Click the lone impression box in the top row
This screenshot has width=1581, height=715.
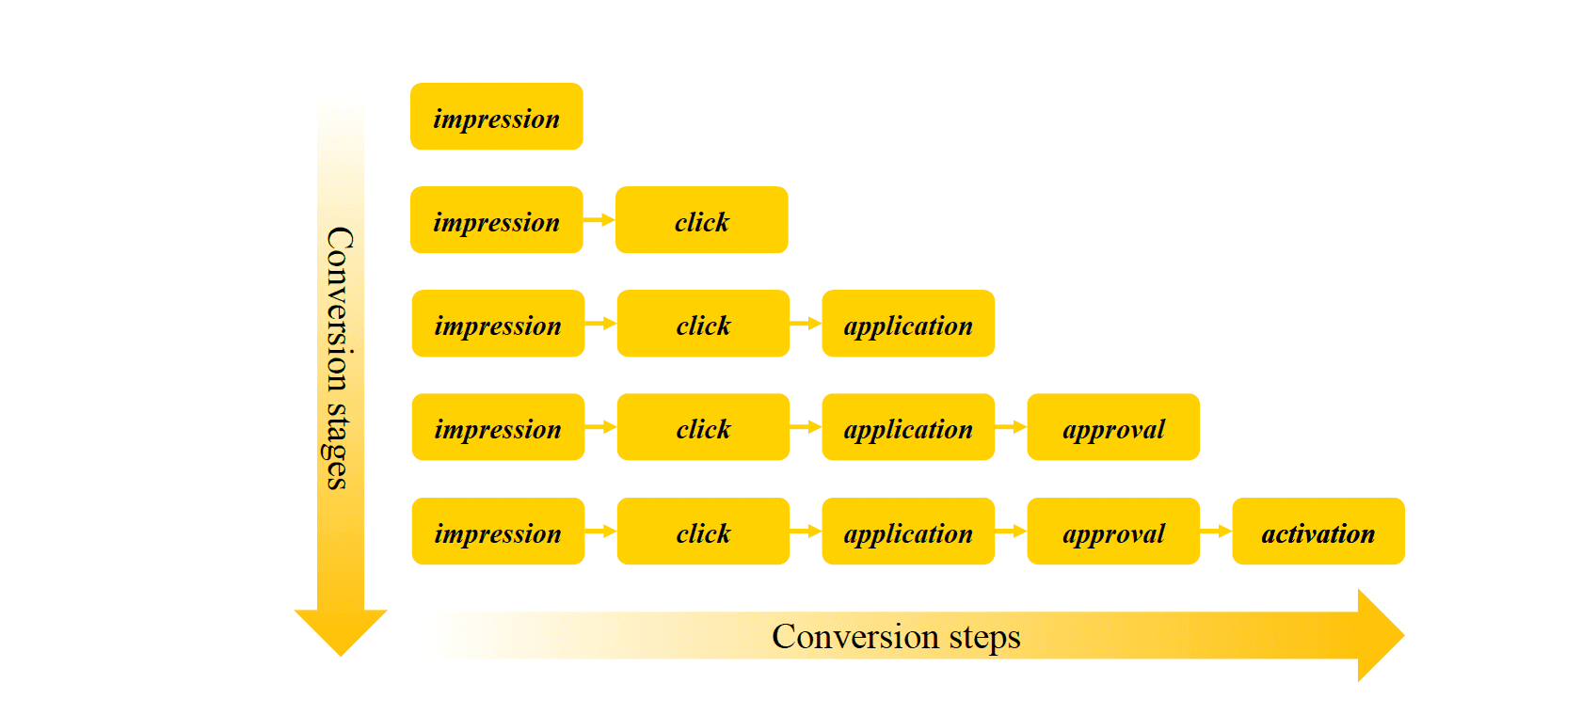[496, 117]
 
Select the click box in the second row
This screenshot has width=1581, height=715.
[701, 220]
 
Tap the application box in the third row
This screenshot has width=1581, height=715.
[908, 324]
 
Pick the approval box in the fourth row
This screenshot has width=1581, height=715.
[1113, 427]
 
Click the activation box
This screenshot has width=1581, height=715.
[1318, 532]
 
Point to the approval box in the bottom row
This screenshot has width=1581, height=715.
[1113, 532]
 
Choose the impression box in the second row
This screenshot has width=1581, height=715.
[496, 220]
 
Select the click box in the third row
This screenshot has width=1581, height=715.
[703, 324]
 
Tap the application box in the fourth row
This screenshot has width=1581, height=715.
[908, 427]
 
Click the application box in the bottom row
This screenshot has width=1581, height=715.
[908, 532]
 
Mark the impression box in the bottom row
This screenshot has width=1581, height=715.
[498, 532]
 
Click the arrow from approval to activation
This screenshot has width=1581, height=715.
[1216, 532]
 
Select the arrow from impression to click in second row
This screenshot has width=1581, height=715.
[599, 220]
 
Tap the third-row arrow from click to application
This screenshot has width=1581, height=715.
[806, 324]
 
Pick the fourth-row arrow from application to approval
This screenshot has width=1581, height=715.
[1011, 427]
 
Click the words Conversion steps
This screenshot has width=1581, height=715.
[896, 637]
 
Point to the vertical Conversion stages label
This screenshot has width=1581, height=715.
[339, 357]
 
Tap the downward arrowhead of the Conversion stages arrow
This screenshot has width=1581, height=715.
[341, 631]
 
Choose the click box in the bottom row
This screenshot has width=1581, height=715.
[703, 532]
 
